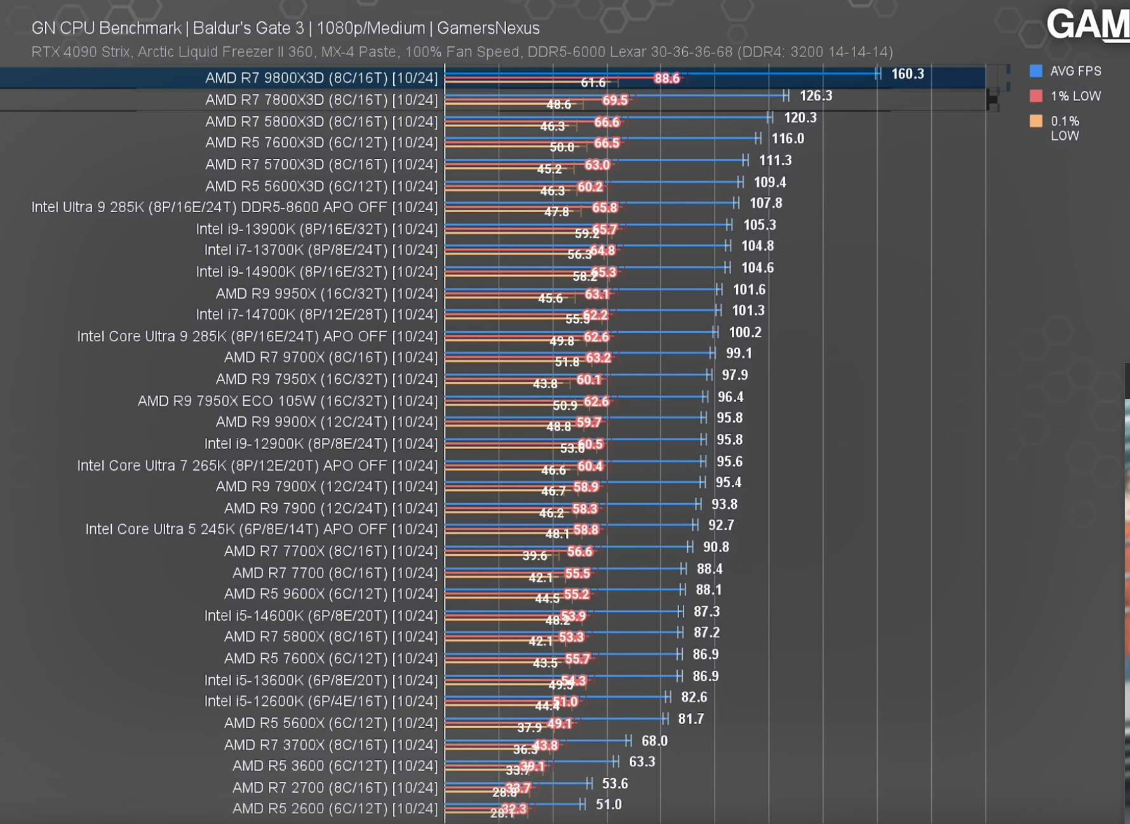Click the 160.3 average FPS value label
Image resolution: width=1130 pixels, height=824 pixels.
point(907,74)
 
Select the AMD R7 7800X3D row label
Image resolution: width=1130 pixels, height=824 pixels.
point(321,100)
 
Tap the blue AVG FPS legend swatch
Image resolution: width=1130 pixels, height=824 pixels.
point(1035,71)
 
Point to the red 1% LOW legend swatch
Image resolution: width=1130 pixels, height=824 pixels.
point(1035,96)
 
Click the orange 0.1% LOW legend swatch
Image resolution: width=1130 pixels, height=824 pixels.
point(1035,121)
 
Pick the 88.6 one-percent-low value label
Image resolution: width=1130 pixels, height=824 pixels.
point(666,78)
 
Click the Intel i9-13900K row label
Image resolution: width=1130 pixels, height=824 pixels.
point(316,229)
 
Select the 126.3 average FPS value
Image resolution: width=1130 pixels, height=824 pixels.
point(816,96)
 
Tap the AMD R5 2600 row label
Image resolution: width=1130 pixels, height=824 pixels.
point(335,809)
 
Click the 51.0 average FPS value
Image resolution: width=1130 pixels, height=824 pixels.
point(609,804)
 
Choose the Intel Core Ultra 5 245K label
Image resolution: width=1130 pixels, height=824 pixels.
point(261,529)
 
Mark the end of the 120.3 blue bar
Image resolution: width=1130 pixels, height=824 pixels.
point(770,118)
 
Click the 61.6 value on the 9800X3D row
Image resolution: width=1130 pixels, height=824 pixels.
point(593,83)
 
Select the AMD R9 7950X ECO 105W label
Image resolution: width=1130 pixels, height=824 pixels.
point(287,401)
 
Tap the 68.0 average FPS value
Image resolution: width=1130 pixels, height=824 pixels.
point(654,741)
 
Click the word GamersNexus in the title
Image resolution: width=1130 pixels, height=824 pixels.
point(488,28)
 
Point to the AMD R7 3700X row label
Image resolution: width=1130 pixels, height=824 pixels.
point(330,745)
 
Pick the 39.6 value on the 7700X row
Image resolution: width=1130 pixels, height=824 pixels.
point(534,556)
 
